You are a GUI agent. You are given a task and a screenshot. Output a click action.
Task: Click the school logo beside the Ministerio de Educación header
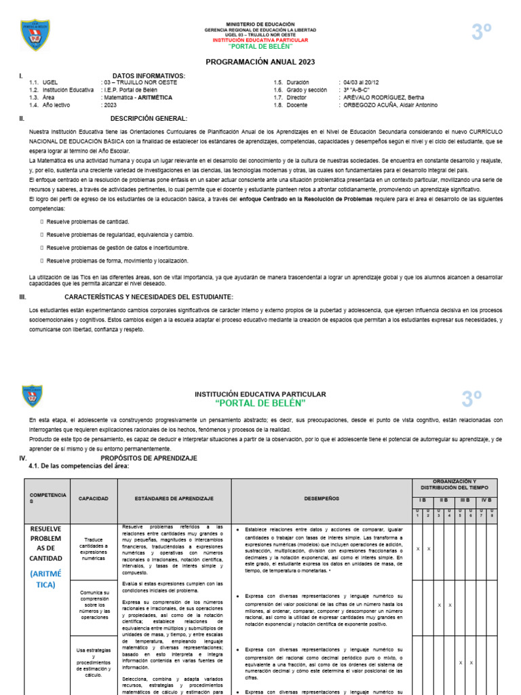click(x=35, y=35)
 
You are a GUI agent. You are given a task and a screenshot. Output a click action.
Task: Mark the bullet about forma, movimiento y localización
click(x=117, y=261)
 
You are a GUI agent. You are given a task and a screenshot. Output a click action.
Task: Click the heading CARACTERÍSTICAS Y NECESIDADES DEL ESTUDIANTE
click(x=149, y=297)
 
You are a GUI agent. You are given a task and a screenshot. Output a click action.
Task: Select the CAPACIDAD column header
click(x=93, y=498)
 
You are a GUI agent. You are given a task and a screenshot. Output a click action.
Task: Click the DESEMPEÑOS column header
click(x=321, y=498)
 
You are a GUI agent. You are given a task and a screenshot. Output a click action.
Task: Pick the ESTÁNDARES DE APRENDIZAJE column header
click(x=174, y=498)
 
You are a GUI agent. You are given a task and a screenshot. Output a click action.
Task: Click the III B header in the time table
click(x=465, y=500)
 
